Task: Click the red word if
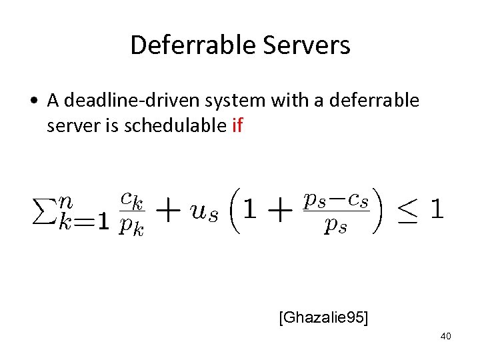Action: tap(237, 125)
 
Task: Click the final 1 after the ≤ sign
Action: tap(437, 211)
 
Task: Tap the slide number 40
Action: tap(445, 336)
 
